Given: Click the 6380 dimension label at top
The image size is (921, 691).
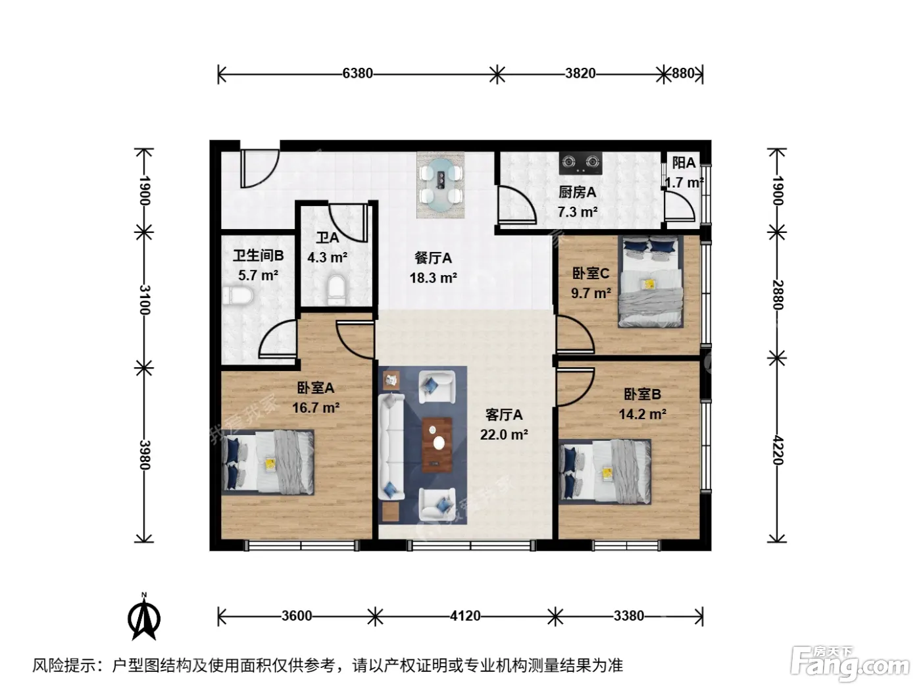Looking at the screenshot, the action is (357, 74).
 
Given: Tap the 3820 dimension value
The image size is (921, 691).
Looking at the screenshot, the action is (580, 74).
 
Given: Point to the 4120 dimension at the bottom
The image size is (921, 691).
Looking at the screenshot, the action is (465, 616).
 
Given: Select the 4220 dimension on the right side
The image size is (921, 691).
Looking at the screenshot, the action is (778, 450).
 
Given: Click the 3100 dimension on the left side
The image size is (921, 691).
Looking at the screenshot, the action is (145, 299).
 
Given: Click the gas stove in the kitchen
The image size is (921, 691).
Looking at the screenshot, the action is (581, 163).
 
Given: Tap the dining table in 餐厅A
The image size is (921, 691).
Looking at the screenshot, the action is (441, 185).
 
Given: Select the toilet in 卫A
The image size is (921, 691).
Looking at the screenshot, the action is (337, 290).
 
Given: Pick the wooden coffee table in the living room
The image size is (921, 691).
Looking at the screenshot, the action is (437, 445).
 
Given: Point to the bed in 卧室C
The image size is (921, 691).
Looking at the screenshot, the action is (651, 282).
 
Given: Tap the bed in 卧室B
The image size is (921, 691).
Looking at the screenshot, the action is (605, 472).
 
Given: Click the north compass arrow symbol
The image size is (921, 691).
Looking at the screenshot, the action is (144, 617).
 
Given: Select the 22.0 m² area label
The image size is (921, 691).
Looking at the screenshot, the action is (504, 434).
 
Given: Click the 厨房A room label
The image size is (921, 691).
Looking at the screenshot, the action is (578, 192).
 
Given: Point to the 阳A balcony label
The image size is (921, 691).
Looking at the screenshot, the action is (684, 163).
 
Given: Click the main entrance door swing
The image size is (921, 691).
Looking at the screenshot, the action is (260, 168).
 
